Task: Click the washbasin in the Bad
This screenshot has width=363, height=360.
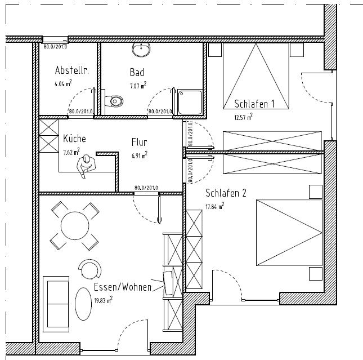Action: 141,50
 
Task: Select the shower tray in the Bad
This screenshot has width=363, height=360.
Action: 190,102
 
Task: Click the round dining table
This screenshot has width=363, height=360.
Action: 75,225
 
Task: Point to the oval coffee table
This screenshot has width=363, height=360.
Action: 83,304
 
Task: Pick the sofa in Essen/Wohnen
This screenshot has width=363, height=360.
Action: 56,304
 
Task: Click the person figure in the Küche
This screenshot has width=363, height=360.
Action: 86,166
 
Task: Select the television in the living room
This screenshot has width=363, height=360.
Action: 168,283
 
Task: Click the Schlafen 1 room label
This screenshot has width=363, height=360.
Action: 254,104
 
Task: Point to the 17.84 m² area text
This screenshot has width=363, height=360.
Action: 215,206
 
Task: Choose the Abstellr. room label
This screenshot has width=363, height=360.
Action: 72,70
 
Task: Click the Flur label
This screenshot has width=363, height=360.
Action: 140,142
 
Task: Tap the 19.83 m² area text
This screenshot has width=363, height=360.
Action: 103,300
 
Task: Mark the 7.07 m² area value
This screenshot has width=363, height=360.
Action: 138,85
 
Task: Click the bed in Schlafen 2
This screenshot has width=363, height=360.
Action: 289,233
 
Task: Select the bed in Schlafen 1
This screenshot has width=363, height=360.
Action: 256,76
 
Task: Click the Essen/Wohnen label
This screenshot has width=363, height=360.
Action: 123,287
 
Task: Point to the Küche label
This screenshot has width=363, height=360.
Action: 74,139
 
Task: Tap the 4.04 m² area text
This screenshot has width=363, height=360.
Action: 63,83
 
